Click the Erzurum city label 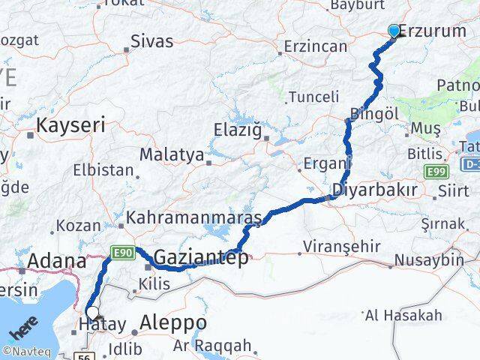click(434, 32)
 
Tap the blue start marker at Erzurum click(394, 31)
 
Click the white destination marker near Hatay click(92, 313)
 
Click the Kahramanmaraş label click(194, 218)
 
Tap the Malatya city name click(172, 155)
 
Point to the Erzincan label click(316, 46)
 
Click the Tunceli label click(314, 97)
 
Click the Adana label click(57, 262)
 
